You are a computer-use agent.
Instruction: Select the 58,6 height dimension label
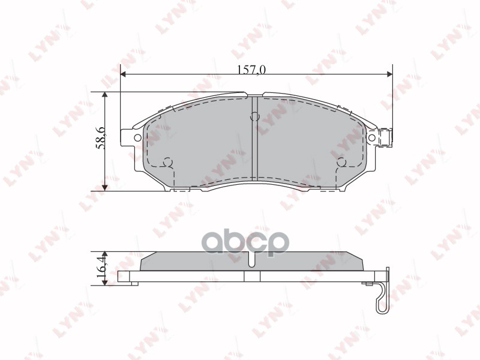click(101, 139)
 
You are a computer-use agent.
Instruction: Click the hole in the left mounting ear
click(137, 138)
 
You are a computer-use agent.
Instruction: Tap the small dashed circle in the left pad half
click(169, 161)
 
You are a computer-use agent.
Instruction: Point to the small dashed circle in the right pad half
click(342, 161)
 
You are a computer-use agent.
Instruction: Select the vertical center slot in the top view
click(255, 144)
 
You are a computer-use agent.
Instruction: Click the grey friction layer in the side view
click(198, 262)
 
